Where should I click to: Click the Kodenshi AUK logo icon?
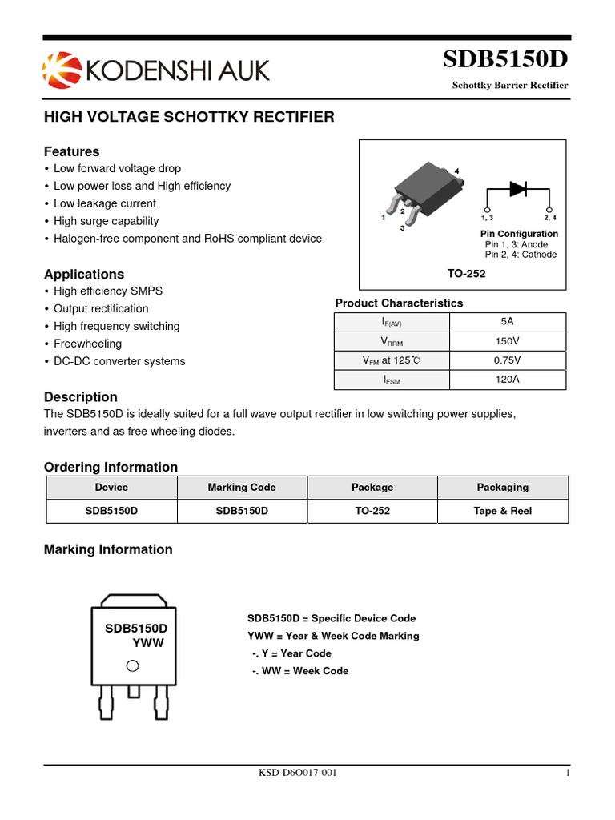[61, 70]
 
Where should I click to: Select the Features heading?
[71, 151]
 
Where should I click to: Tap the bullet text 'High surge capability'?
[106, 221]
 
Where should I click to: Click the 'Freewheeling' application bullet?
[87, 344]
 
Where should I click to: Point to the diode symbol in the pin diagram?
[518, 189]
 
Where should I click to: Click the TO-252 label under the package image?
[466, 273]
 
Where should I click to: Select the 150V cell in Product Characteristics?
[507, 341]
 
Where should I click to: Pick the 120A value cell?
[507, 380]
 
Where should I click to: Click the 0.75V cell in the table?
[507, 360]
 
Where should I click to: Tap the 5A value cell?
[507, 321]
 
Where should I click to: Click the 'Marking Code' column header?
[241, 487]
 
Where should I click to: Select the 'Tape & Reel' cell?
[502, 511]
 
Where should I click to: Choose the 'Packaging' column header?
[502, 487]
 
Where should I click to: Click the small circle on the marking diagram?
[133, 665]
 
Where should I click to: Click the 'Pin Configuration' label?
[519, 234]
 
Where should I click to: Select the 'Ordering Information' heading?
[111, 467]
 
